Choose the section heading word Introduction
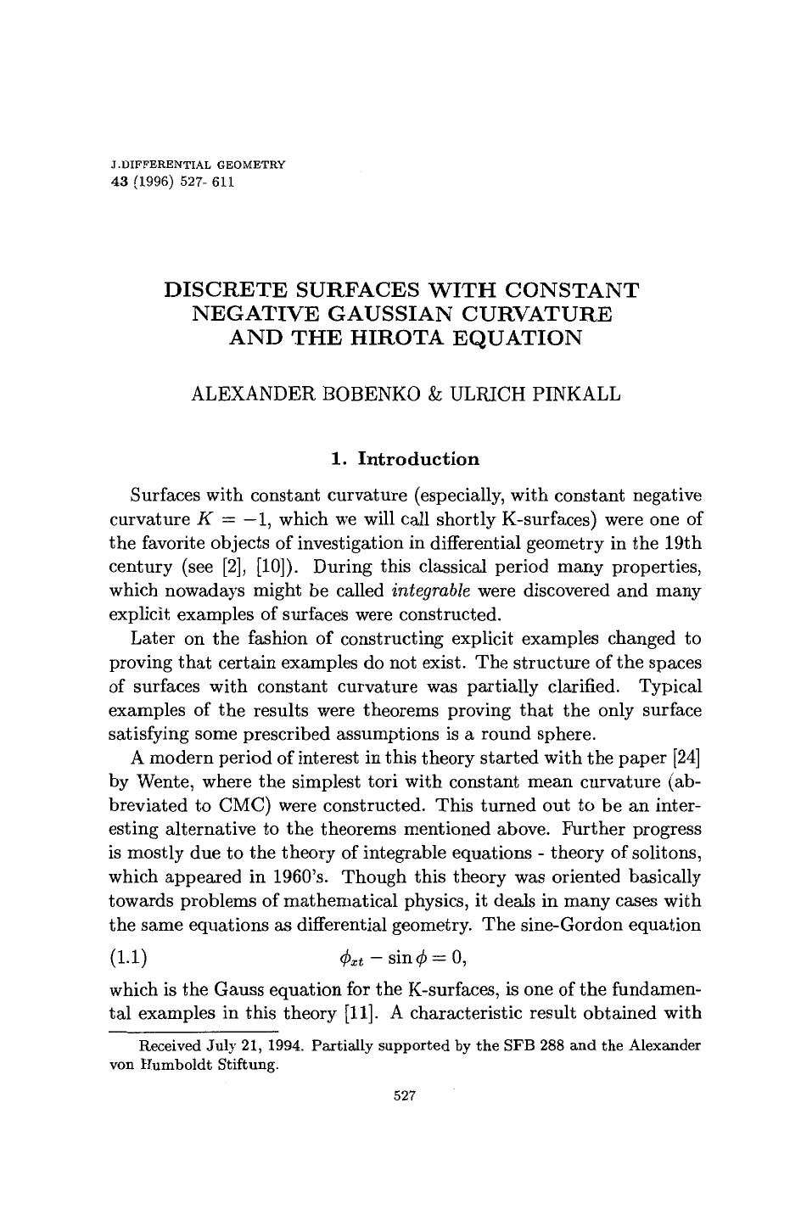pos(418,460)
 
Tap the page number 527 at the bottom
pos(405,1096)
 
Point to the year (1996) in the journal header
pos(153,182)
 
